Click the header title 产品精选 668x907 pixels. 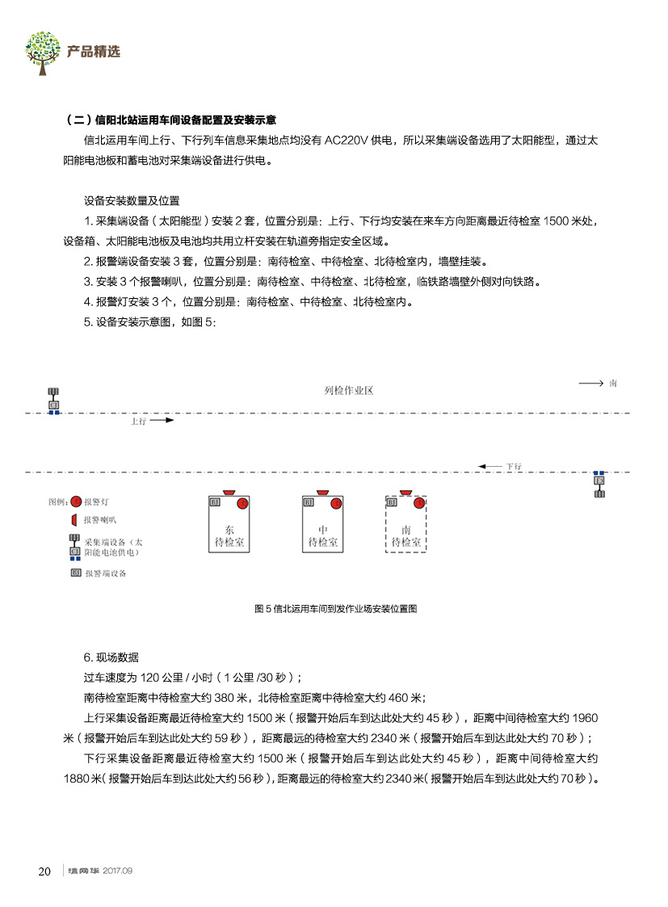point(94,52)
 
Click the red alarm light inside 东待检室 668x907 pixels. point(242,504)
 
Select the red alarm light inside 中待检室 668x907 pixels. point(335,504)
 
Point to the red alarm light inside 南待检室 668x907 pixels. point(418,504)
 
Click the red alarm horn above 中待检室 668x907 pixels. point(323,491)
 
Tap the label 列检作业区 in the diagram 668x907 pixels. point(349,391)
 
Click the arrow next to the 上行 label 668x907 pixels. point(162,421)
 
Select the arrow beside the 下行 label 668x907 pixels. point(490,466)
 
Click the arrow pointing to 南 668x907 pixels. point(590,383)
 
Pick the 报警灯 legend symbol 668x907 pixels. point(75,501)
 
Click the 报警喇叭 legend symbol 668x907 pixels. point(74,519)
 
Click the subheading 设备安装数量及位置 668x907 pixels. point(132,200)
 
